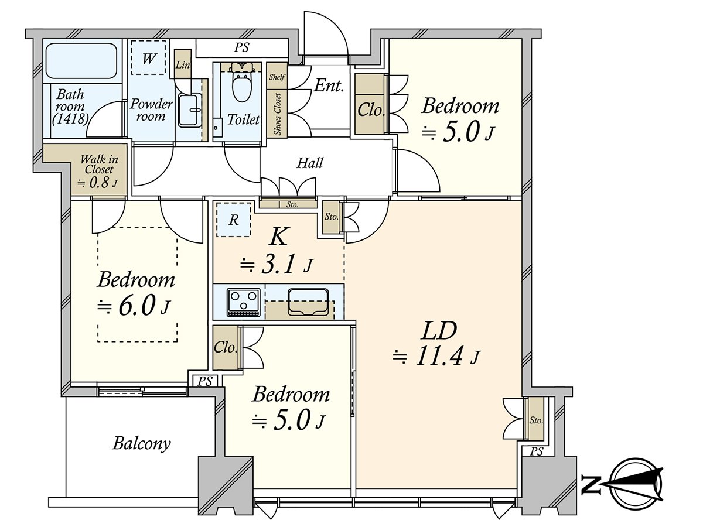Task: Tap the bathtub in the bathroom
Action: [83, 62]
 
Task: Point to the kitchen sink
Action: [308, 302]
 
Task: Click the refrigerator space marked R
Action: [233, 220]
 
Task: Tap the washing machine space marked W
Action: [149, 57]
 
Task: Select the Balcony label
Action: [141, 443]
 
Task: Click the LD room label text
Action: [439, 331]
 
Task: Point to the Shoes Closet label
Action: [277, 114]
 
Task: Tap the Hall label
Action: [309, 163]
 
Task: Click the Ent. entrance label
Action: [328, 87]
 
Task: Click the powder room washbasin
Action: [189, 110]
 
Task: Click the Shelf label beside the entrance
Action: [276, 77]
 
